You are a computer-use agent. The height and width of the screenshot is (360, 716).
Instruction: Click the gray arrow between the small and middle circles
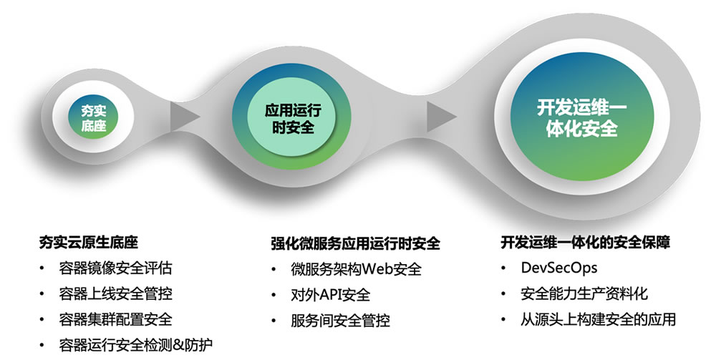point(185,116)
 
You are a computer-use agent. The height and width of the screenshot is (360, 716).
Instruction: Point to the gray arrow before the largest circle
point(441,117)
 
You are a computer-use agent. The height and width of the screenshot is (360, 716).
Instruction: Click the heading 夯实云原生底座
point(89,243)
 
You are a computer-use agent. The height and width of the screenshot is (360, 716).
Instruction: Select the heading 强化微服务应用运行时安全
point(355,243)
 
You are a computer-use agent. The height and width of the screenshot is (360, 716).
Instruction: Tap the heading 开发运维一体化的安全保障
point(586,243)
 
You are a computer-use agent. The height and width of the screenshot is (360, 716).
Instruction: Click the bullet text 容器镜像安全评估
point(115,268)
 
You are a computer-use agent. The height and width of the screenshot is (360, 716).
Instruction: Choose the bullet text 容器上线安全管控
point(115,293)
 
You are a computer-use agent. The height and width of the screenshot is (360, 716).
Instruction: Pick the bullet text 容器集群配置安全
point(115,319)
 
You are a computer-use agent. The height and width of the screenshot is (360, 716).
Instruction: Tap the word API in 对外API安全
point(331,295)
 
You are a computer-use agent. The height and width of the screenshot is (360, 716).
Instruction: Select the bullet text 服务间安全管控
point(340,321)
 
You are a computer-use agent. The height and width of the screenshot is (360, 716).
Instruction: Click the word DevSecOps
point(559,268)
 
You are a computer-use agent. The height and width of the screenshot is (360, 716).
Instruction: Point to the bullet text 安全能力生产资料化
point(584,293)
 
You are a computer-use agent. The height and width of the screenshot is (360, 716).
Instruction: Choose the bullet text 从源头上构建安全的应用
point(598,319)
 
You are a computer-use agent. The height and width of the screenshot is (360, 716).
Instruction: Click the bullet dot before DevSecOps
point(503,268)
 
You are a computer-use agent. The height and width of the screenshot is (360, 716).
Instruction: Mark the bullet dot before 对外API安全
point(274,295)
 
